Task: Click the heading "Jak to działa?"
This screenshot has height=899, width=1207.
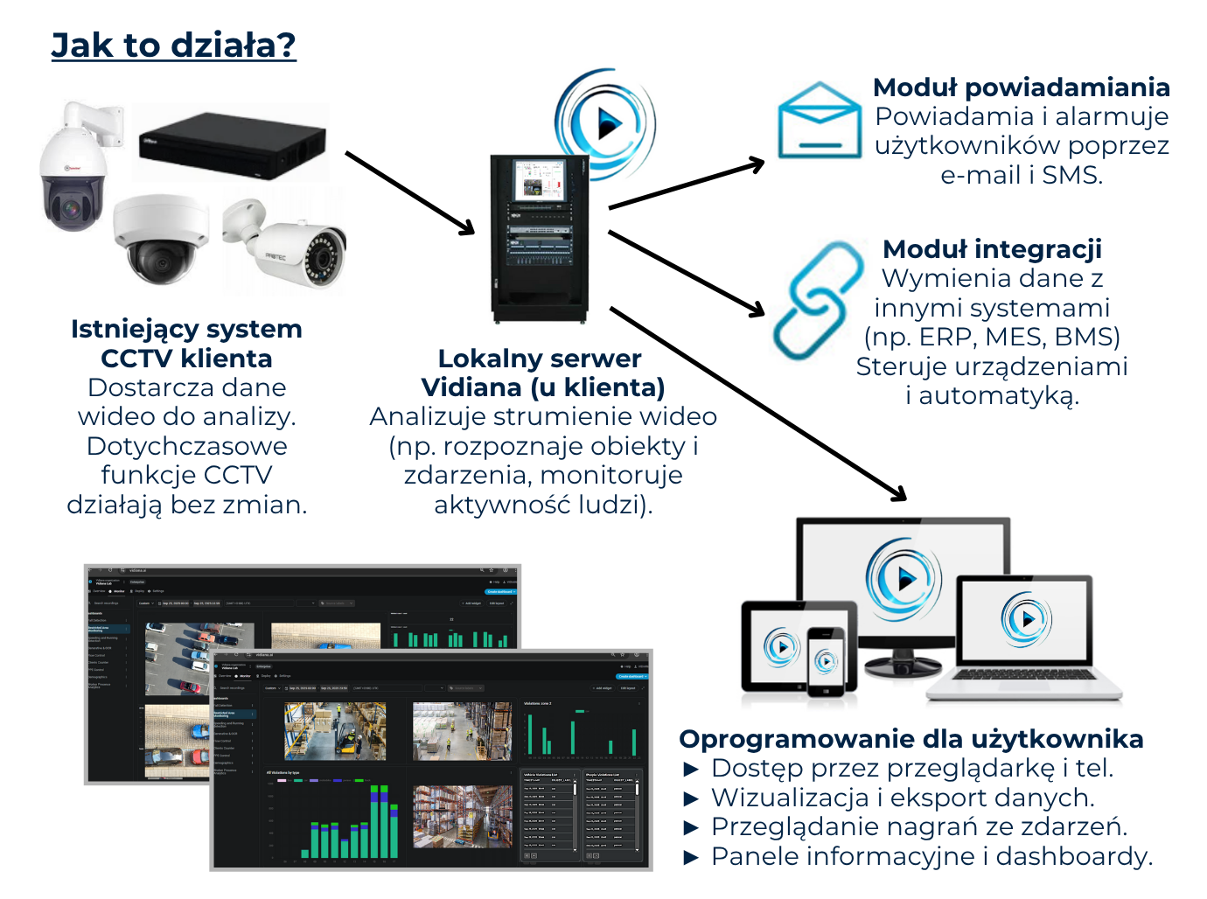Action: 173,45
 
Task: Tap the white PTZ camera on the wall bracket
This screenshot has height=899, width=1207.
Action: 74,175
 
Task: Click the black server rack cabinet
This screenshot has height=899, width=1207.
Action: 539,238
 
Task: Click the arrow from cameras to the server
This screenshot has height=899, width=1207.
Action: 409,193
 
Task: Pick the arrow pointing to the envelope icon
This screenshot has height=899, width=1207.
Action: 687,185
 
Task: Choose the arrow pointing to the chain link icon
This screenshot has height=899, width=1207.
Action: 687,273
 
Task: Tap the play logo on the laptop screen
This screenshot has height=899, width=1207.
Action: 1026,619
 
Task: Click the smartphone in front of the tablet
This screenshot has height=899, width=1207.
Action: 826,660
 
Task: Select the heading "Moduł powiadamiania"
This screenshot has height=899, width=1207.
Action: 1021,87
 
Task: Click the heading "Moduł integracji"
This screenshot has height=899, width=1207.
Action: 992,249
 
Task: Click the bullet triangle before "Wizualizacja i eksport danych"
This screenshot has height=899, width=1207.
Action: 691,798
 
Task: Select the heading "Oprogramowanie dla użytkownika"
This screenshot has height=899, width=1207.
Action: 910,739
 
